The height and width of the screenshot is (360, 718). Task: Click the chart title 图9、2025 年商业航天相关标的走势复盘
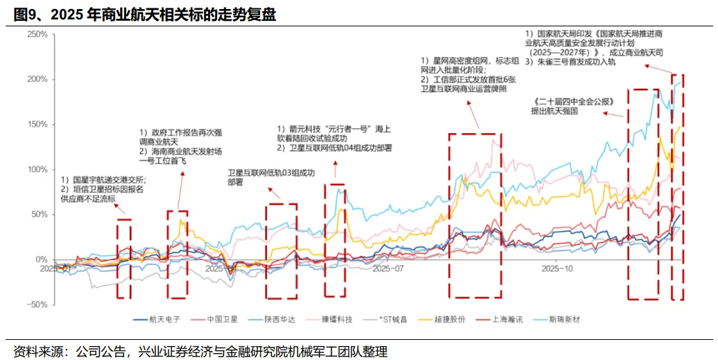145,15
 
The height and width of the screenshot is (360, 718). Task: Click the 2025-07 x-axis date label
388,268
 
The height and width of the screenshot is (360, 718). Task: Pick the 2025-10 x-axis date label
557,268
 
